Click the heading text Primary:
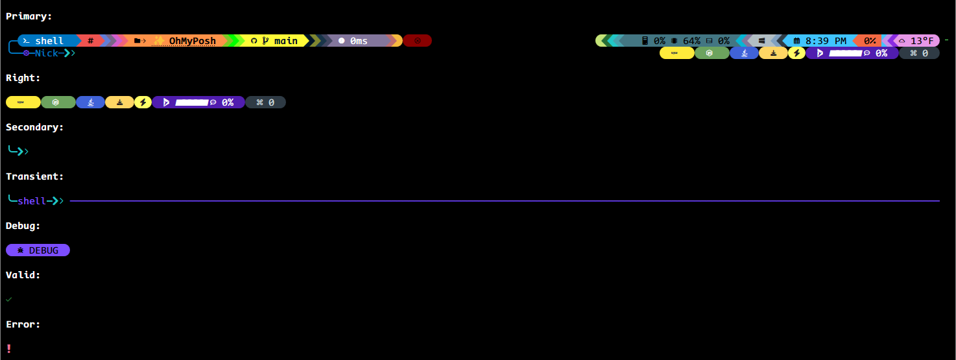[x=29, y=16]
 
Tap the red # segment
[x=91, y=41]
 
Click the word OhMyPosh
[x=192, y=41]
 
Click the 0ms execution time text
[x=359, y=41]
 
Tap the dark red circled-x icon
[x=418, y=41]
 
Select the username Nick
[x=46, y=53]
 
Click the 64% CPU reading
[x=691, y=41]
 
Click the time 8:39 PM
[x=826, y=41]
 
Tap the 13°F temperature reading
[x=922, y=41]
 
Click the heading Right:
[x=23, y=78]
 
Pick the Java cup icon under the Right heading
[x=91, y=102]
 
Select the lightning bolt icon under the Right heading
[x=143, y=102]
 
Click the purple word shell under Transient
[x=32, y=201]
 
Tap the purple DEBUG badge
[x=38, y=250]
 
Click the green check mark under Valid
[x=8, y=299]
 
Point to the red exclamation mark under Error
[x=8, y=348]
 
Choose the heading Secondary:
[x=35, y=127]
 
